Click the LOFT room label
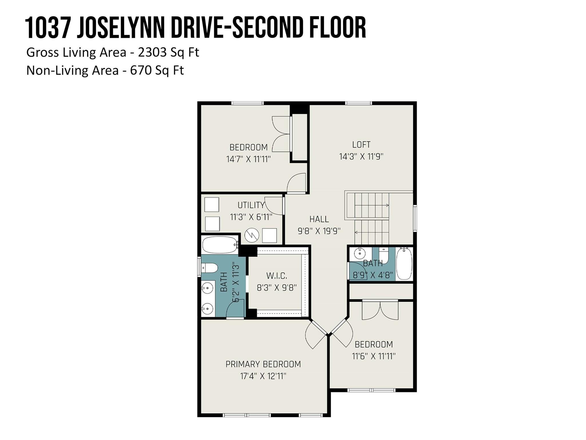tap(361, 144)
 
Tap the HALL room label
tap(319, 219)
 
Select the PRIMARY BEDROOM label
tap(263, 364)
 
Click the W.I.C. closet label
tap(277, 276)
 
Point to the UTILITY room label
tap(251, 205)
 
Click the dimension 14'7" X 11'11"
tap(248, 159)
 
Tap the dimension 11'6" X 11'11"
tap(374, 356)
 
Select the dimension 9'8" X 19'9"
tap(319, 231)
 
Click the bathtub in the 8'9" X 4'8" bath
tap(404, 264)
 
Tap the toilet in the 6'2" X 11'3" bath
tap(209, 268)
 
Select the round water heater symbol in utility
tap(252, 235)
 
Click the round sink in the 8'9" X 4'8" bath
tap(359, 253)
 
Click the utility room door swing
tap(274, 206)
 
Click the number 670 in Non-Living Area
tap(141, 70)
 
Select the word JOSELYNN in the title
tap(121, 27)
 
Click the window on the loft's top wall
tap(358, 103)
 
